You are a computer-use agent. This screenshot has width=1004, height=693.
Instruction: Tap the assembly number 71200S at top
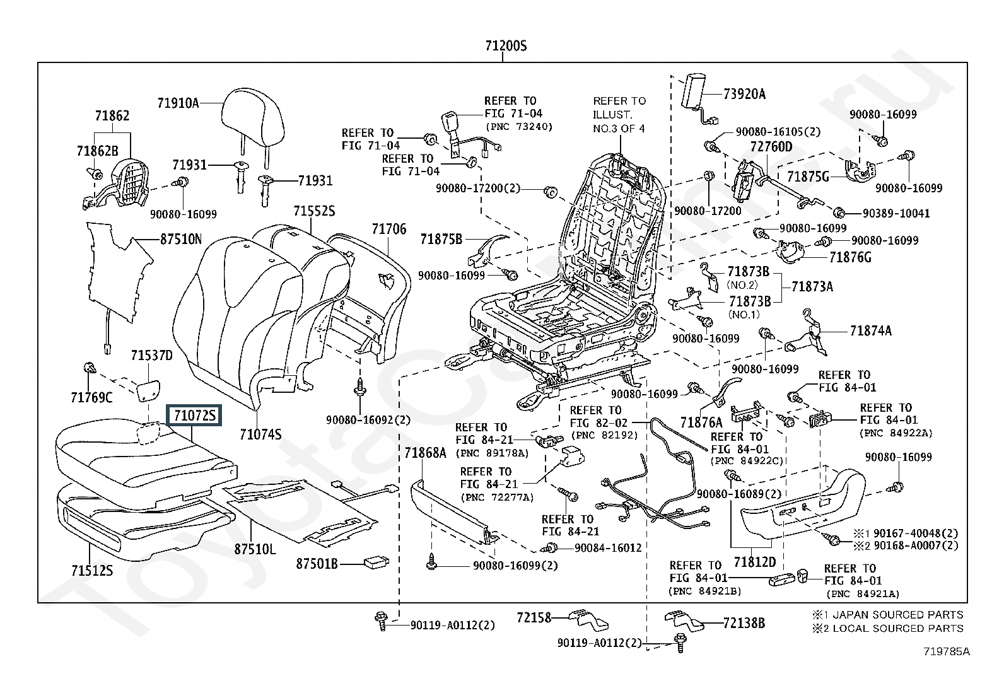tap(505, 46)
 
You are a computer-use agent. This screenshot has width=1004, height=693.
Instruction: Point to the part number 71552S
tap(314, 211)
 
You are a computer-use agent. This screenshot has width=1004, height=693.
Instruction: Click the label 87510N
tap(180, 240)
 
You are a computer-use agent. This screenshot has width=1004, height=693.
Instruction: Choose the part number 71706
tap(388, 230)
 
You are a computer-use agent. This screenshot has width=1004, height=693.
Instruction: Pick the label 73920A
tap(744, 95)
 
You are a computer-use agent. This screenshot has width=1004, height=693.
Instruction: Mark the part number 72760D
tap(771, 147)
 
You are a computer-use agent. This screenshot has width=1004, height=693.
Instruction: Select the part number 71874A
tap(870, 330)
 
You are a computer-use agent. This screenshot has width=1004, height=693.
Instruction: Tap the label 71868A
tap(425, 452)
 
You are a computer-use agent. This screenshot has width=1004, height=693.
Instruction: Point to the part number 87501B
tap(317, 563)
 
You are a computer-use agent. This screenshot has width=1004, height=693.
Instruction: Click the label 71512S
tap(92, 570)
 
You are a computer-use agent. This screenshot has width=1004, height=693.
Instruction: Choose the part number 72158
tap(534, 617)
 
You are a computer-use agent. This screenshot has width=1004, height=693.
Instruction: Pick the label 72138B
tap(744, 623)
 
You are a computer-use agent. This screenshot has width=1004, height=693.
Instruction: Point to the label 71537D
tap(151, 356)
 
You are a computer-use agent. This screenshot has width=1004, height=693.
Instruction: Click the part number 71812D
tap(754, 561)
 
